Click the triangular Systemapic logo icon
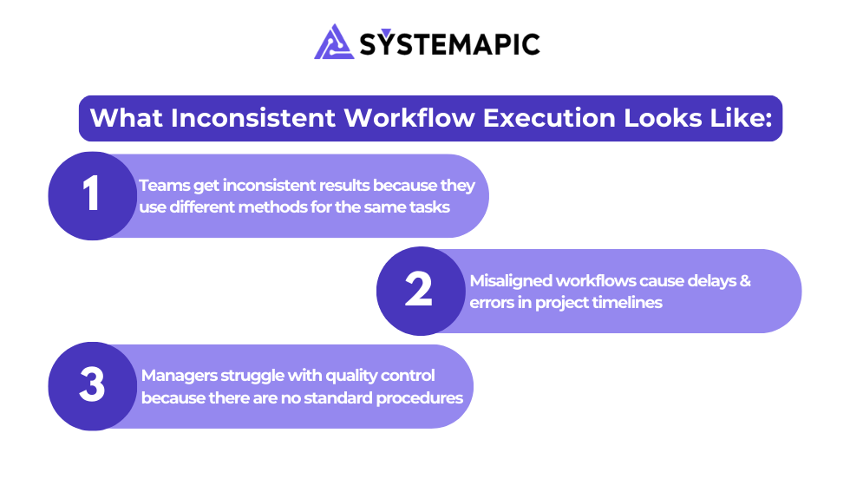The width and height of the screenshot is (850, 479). [x=334, y=43]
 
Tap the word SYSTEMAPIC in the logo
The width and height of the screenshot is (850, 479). [x=449, y=43]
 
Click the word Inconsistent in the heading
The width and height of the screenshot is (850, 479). [x=253, y=118]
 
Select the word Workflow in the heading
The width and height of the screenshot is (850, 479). [x=409, y=118]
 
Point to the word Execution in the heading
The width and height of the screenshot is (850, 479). [x=549, y=118]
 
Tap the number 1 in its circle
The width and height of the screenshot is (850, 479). [x=91, y=194]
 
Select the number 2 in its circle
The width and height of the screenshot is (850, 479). [x=418, y=289]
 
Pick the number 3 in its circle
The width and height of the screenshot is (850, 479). [x=92, y=384]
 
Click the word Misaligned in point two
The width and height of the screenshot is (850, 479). [x=511, y=281]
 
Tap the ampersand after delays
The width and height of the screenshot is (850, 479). [x=745, y=281]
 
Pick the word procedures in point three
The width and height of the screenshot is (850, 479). [x=420, y=398]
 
